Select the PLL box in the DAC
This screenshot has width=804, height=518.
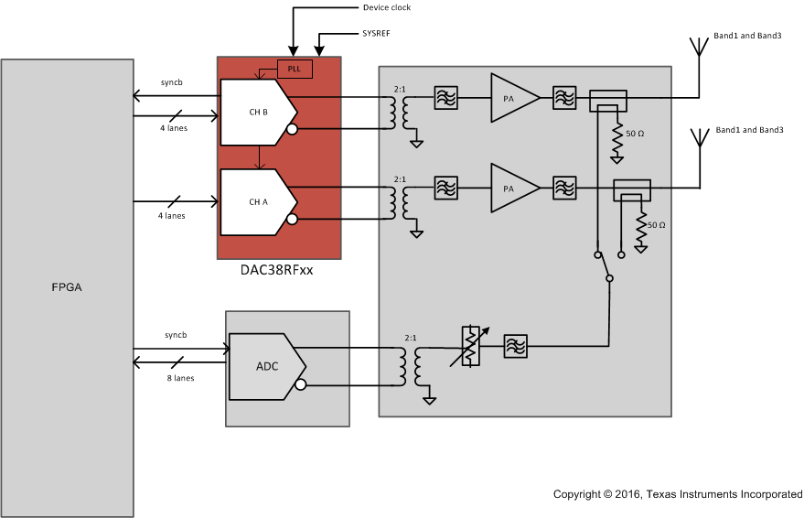295,69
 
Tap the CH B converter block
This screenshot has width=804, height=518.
257,112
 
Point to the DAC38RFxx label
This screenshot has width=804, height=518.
270,270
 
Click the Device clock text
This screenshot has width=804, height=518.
387,8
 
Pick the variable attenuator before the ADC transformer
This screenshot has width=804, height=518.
471,346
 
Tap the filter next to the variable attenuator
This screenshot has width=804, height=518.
516,345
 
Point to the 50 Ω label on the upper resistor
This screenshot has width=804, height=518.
635,134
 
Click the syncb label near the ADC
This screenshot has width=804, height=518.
176,334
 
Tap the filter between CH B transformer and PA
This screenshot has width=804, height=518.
445,97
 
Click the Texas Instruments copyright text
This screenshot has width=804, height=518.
677,494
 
